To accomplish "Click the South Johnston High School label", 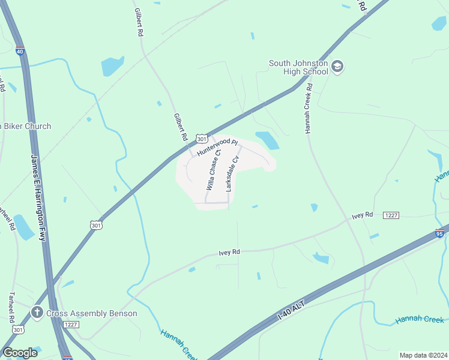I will tap(298, 67).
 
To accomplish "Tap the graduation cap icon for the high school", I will tap(337, 66).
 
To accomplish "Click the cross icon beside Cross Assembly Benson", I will tap(37, 313).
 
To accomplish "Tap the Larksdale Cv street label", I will tap(232, 174).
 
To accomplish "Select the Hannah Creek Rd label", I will tap(309, 108).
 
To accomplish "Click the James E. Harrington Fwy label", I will tap(38, 197).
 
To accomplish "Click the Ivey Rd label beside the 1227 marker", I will tap(363, 215).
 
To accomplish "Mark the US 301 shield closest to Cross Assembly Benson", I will tap(19, 329).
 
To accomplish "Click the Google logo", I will tap(19, 352).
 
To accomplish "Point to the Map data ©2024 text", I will tap(423, 355).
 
